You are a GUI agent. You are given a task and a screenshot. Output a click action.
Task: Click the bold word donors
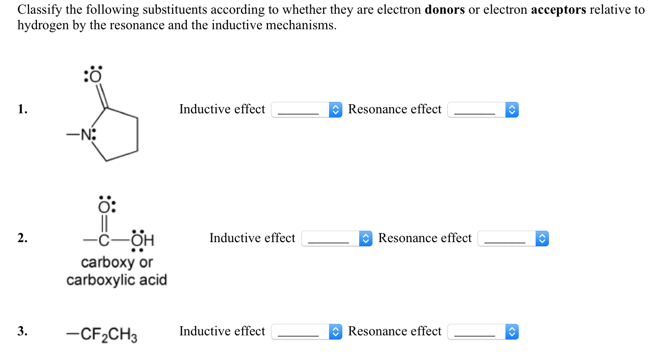click(445, 10)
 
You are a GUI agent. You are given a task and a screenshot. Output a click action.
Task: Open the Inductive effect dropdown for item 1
click(307, 110)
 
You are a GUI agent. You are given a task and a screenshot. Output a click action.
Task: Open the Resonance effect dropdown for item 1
click(483, 110)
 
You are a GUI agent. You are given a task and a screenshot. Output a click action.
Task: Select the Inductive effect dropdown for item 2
click(337, 238)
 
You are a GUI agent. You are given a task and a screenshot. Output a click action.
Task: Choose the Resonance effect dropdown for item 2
click(513, 238)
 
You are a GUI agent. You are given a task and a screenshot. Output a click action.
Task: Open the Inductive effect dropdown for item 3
click(307, 332)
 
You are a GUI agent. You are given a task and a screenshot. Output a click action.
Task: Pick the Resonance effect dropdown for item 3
click(483, 332)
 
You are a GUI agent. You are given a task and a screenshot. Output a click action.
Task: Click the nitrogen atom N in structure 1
click(86, 135)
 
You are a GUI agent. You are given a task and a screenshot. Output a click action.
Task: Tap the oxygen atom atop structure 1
click(96, 76)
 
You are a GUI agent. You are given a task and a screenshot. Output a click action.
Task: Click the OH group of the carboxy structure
click(143, 240)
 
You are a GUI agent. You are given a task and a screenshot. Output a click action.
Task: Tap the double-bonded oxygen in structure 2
click(104, 207)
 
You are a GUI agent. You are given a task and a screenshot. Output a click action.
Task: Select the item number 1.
click(22, 109)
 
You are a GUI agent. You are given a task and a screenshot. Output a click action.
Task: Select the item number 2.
click(22, 238)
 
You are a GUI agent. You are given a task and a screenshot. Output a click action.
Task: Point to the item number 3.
click(22, 331)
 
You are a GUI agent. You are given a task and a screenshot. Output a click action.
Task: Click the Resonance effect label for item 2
click(425, 238)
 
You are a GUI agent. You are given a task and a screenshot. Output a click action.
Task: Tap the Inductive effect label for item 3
click(222, 331)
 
